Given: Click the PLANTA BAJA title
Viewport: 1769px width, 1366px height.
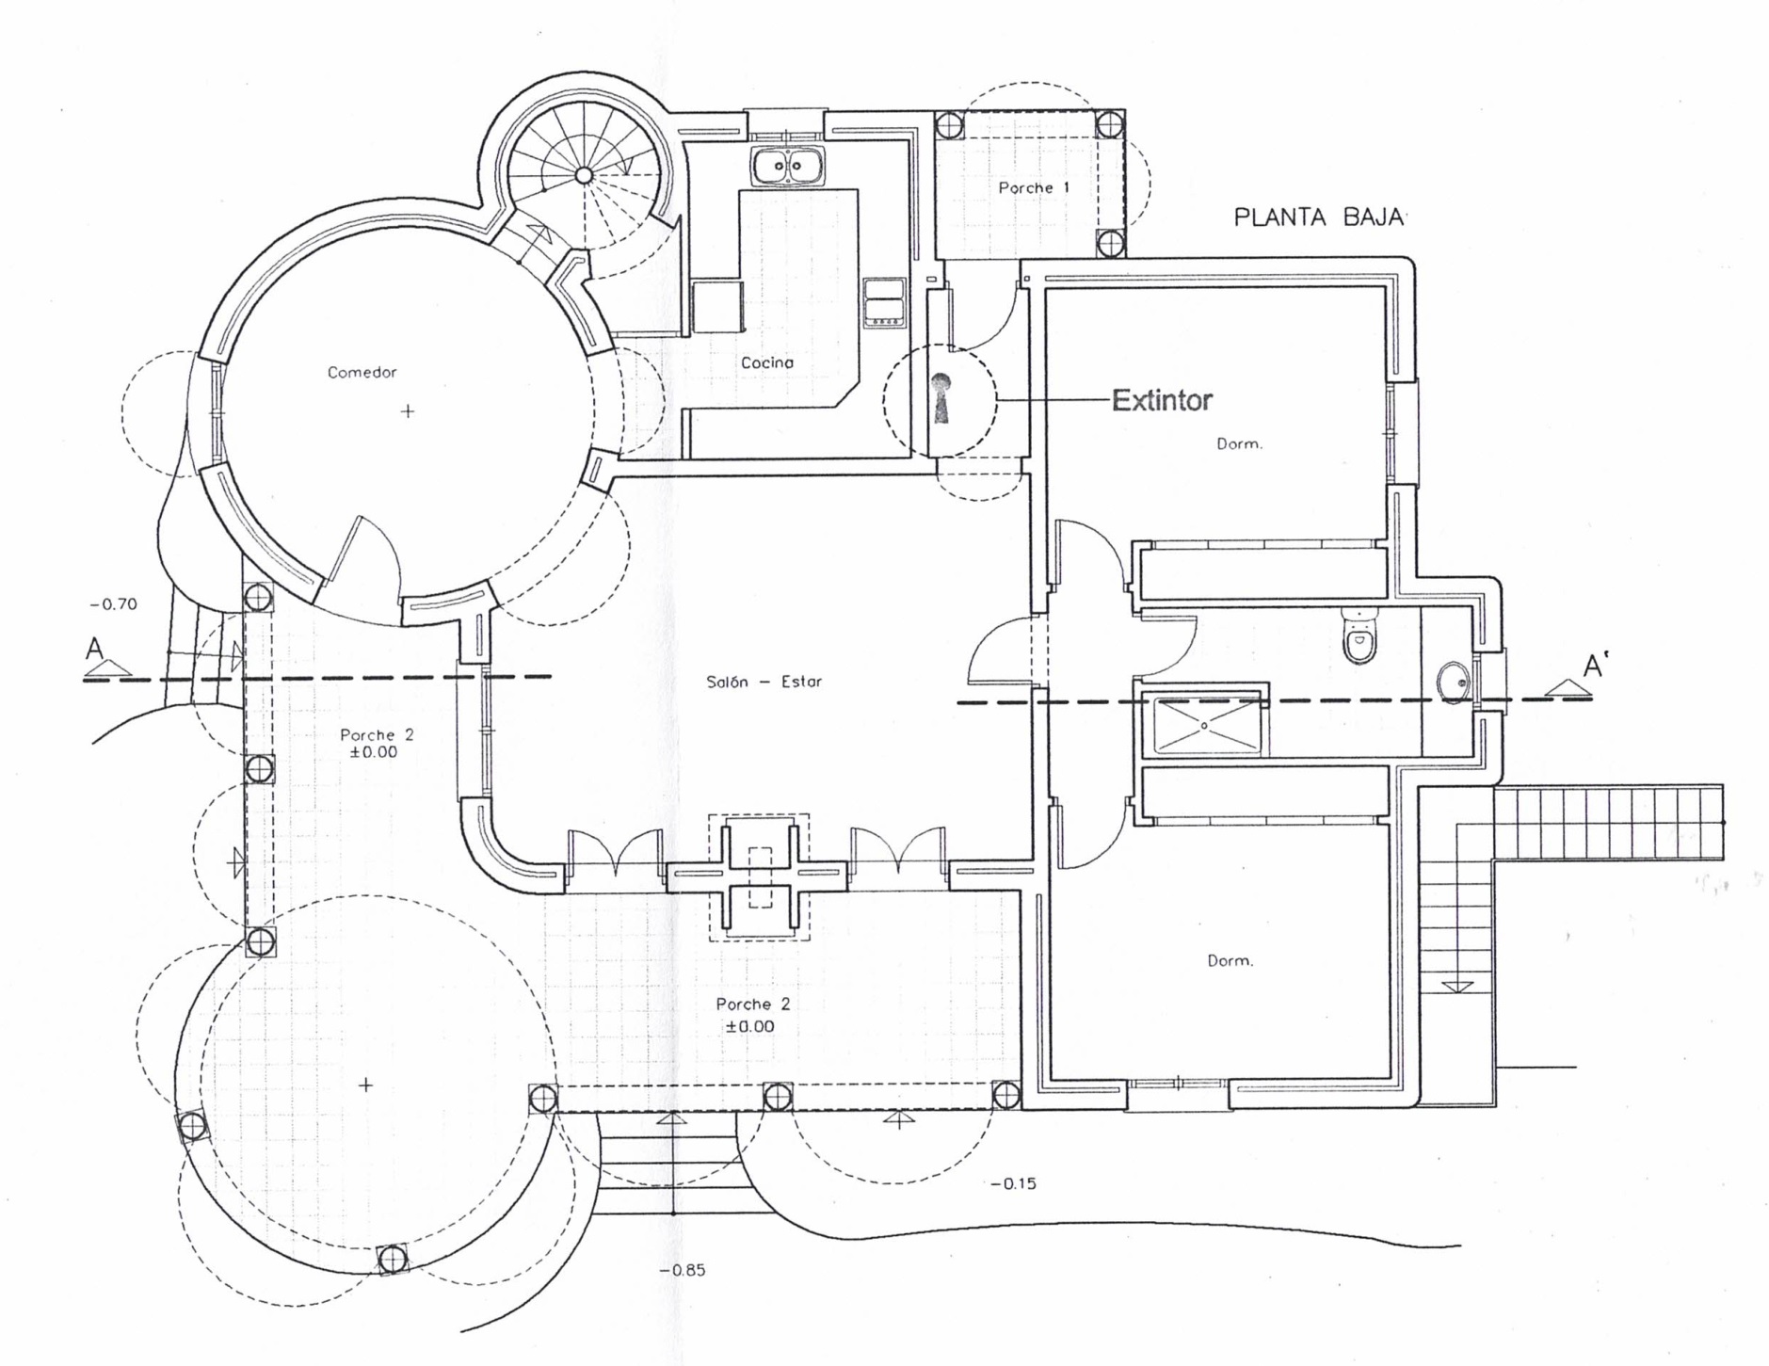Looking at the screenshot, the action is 1318,217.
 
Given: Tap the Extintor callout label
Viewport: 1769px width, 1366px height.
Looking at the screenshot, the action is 1162,400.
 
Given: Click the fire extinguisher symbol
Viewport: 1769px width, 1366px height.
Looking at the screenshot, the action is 941,397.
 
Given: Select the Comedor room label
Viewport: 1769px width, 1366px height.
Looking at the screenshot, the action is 362,372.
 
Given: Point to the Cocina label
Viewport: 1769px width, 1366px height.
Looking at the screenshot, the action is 767,362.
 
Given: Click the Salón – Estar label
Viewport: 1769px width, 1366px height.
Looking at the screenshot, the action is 764,682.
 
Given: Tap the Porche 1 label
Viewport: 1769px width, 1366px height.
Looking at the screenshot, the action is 1034,187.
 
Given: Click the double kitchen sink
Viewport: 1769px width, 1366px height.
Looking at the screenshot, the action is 788,167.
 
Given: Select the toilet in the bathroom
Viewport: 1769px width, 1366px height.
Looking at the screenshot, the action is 1359,635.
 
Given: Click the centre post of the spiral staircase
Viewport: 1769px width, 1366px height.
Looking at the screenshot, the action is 584,174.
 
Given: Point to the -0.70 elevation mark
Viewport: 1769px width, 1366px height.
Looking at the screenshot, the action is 113,604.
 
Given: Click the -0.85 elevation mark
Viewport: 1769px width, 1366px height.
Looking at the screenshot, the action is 683,1270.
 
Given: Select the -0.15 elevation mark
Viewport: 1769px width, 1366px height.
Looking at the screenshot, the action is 1013,1183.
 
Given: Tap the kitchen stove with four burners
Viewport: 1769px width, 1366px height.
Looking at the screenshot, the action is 884,302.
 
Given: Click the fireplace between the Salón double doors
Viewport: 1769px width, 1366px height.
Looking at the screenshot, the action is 759,877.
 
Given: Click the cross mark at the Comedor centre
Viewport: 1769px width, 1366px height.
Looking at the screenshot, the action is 408,411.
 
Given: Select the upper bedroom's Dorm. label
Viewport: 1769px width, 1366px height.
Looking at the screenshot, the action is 1239,443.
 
